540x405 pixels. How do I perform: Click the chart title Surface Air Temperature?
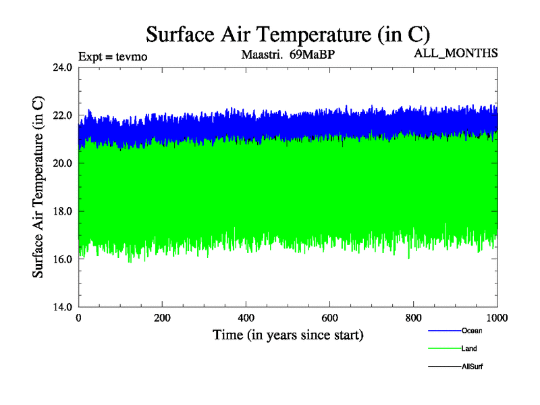[x=288, y=34]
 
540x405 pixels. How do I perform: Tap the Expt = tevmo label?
[x=113, y=56]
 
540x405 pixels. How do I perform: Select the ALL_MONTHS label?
[x=456, y=53]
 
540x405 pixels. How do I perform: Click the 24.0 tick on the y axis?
[x=63, y=67]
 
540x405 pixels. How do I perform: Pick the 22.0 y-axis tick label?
[x=63, y=115]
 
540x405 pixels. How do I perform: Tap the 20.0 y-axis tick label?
[x=63, y=163]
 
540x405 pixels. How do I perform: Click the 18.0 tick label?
[x=63, y=211]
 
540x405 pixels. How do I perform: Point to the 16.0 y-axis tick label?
[x=63, y=259]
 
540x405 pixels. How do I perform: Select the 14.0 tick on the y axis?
[x=63, y=307]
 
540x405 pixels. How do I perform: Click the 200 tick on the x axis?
[x=163, y=317]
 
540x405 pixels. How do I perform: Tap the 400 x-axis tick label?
[x=246, y=317]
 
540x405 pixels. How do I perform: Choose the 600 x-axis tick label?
[x=330, y=317]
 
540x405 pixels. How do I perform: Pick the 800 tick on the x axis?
[x=414, y=317]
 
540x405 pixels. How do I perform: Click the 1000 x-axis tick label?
[x=497, y=317]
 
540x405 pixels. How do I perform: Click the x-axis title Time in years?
[x=288, y=335]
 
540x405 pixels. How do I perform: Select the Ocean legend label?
[x=472, y=331]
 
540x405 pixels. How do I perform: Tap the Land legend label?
[x=470, y=348]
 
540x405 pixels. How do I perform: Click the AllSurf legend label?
[x=472, y=367]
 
